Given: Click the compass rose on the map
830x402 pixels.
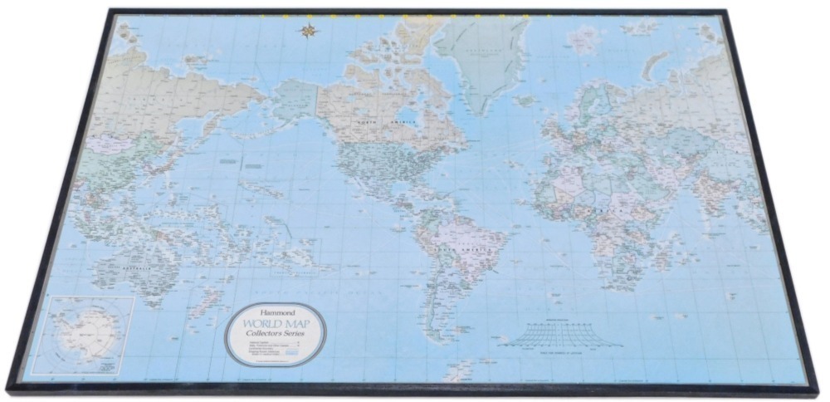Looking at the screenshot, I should point(310,32).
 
